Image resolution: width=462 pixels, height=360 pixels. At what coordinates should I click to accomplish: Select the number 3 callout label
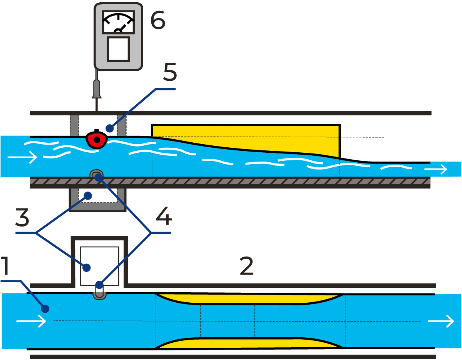[22, 218]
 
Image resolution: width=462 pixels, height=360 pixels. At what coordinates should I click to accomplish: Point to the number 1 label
[5, 266]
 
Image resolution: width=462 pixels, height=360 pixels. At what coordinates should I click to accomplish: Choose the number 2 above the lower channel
[246, 266]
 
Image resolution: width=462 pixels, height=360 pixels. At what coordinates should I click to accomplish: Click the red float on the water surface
[96, 140]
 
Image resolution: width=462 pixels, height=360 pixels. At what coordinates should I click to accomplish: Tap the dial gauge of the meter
[118, 23]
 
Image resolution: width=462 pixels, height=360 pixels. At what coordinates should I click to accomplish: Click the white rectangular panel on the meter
[118, 49]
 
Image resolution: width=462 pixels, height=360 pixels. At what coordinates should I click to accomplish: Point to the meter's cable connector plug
[97, 89]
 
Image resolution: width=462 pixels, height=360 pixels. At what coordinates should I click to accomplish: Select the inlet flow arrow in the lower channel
[31, 321]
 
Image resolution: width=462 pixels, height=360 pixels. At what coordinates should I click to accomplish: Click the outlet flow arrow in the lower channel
[441, 321]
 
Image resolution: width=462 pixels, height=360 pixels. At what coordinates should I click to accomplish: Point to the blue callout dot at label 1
[45, 308]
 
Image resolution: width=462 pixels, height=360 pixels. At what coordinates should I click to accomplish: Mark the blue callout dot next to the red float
[110, 128]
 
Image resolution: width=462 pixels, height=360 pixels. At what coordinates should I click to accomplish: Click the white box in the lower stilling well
[99, 265]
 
